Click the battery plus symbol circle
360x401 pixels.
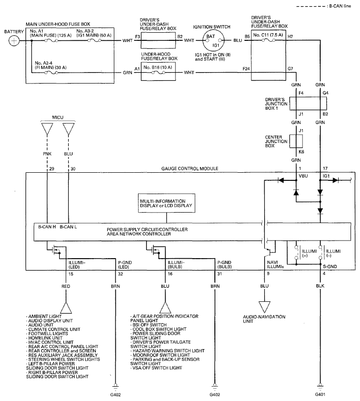(x=14, y=41)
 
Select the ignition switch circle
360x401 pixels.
(x=213, y=40)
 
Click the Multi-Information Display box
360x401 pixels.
(x=166, y=203)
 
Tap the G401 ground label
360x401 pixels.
(x=320, y=394)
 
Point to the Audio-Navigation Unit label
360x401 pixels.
(x=264, y=319)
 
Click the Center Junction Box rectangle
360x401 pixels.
(x=296, y=141)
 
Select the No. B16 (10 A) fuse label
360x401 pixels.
(x=158, y=67)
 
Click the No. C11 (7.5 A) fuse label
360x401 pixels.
(x=268, y=35)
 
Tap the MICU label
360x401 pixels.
(x=58, y=117)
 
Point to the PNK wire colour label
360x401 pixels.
(x=47, y=154)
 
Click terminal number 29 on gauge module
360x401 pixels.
(x=52, y=169)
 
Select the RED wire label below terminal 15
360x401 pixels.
(x=66, y=286)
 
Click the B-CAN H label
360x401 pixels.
(x=47, y=226)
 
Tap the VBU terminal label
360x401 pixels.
(x=303, y=176)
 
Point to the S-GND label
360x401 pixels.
(x=330, y=267)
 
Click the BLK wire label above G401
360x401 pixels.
(x=320, y=286)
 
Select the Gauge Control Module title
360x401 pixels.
(x=190, y=168)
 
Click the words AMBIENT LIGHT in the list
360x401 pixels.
(x=45, y=317)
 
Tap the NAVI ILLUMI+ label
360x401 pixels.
(x=276, y=264)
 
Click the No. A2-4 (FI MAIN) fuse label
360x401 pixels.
(x=51, y=65)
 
